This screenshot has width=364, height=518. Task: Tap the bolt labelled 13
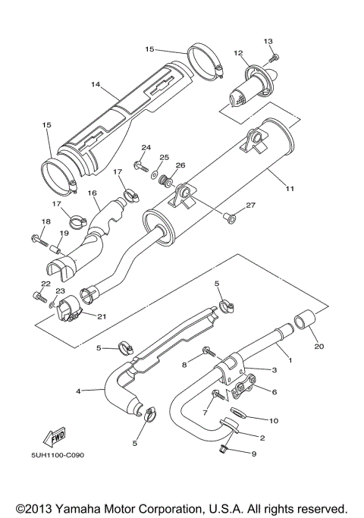(275, 55)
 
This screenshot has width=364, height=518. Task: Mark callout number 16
(93, 194)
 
